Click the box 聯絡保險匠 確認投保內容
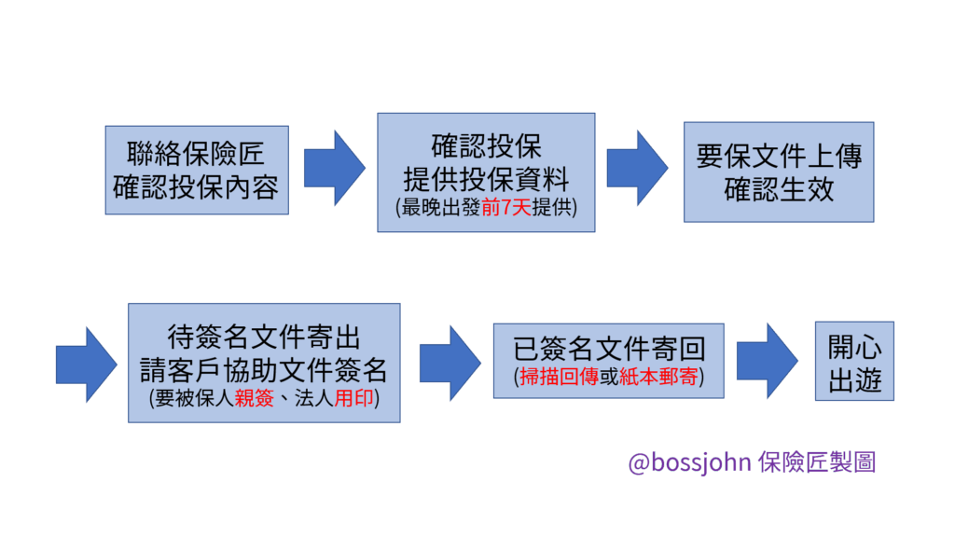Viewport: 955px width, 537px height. pos(197,171)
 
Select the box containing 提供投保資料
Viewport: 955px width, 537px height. pos(486,172)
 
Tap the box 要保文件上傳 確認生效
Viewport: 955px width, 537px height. pos(778,172)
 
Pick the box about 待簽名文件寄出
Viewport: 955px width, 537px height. pos(264,362)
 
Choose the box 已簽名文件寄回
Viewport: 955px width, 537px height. pos(608,360)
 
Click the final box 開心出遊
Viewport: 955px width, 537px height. pos(854,361)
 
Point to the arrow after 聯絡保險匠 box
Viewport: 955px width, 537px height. pos(334,168)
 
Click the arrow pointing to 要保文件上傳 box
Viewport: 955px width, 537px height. pos(637,168)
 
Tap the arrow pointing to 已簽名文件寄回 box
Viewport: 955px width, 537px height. pos(450,363)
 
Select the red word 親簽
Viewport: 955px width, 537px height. pos(253,397)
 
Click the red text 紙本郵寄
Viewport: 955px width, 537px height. pos(658,378)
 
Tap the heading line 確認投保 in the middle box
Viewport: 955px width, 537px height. pos(486,146)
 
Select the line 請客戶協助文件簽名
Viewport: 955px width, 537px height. pos(264,370)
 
